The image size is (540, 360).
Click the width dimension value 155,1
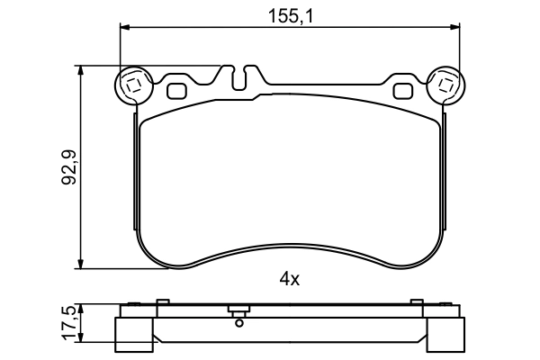pos(290,14)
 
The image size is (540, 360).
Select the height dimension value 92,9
pos(67,166)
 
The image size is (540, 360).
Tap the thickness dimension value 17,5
pos(67,321)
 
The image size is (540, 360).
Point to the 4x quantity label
pos(288,279)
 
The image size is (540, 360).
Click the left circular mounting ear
pos(133,86)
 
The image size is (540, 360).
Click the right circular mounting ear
pos(444,86)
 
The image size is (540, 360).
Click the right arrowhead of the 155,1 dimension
pos(455,28)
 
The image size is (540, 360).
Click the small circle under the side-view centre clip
pos(239,321)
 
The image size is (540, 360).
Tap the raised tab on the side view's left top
pos(162,303)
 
